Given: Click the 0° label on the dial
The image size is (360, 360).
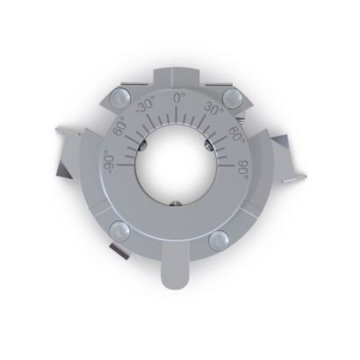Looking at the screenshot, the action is point(180,97).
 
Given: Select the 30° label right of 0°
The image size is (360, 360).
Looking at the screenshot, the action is point(213,108).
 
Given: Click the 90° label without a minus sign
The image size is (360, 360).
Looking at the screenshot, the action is point(243,170).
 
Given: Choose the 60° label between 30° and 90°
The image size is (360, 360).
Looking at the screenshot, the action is point(236,134).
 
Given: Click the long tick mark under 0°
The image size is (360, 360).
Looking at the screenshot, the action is point(177,114).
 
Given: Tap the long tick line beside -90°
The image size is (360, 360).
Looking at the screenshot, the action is point(126,165).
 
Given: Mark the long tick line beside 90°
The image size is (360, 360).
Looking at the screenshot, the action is point(227,165).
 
